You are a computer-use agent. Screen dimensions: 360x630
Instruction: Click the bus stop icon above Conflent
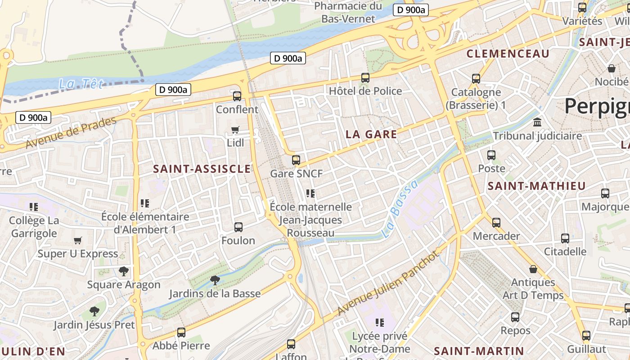click(x=237, y=96)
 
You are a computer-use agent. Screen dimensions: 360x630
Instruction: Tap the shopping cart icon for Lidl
click(x=234, y=130)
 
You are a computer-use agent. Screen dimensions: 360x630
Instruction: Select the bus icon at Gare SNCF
click(x=296, y=160)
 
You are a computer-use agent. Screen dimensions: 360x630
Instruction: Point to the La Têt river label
click(x=81, y=84)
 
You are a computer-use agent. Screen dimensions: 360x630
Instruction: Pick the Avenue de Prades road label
click(x=71, y=133)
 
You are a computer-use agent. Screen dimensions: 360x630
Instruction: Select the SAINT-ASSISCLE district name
click(x=202, y=169)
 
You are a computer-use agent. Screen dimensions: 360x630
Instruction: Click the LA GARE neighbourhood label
click(x=371, y=134)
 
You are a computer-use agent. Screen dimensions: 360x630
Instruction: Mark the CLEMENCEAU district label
click(x=508, y=54)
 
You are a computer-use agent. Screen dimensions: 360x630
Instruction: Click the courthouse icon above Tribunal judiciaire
click(x=537, y=122)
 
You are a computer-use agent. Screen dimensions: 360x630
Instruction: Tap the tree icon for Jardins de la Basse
click(x=215, y=280)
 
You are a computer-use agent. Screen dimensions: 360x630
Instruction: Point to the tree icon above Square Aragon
click(x=123, y=271)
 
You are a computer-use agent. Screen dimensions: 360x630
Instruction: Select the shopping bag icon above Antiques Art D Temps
click(x=533, y=269)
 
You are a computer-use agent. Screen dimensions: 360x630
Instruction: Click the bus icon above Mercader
click(x=496, y=222)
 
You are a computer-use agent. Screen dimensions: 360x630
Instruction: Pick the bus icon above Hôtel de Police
click(x=365, y=77)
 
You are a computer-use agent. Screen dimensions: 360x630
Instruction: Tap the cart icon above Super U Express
click(x=77, y=240)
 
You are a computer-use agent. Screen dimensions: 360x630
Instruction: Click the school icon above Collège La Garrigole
click(x=34, y=207)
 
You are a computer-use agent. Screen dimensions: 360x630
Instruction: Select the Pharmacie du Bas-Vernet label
click(x=348, y=12)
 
